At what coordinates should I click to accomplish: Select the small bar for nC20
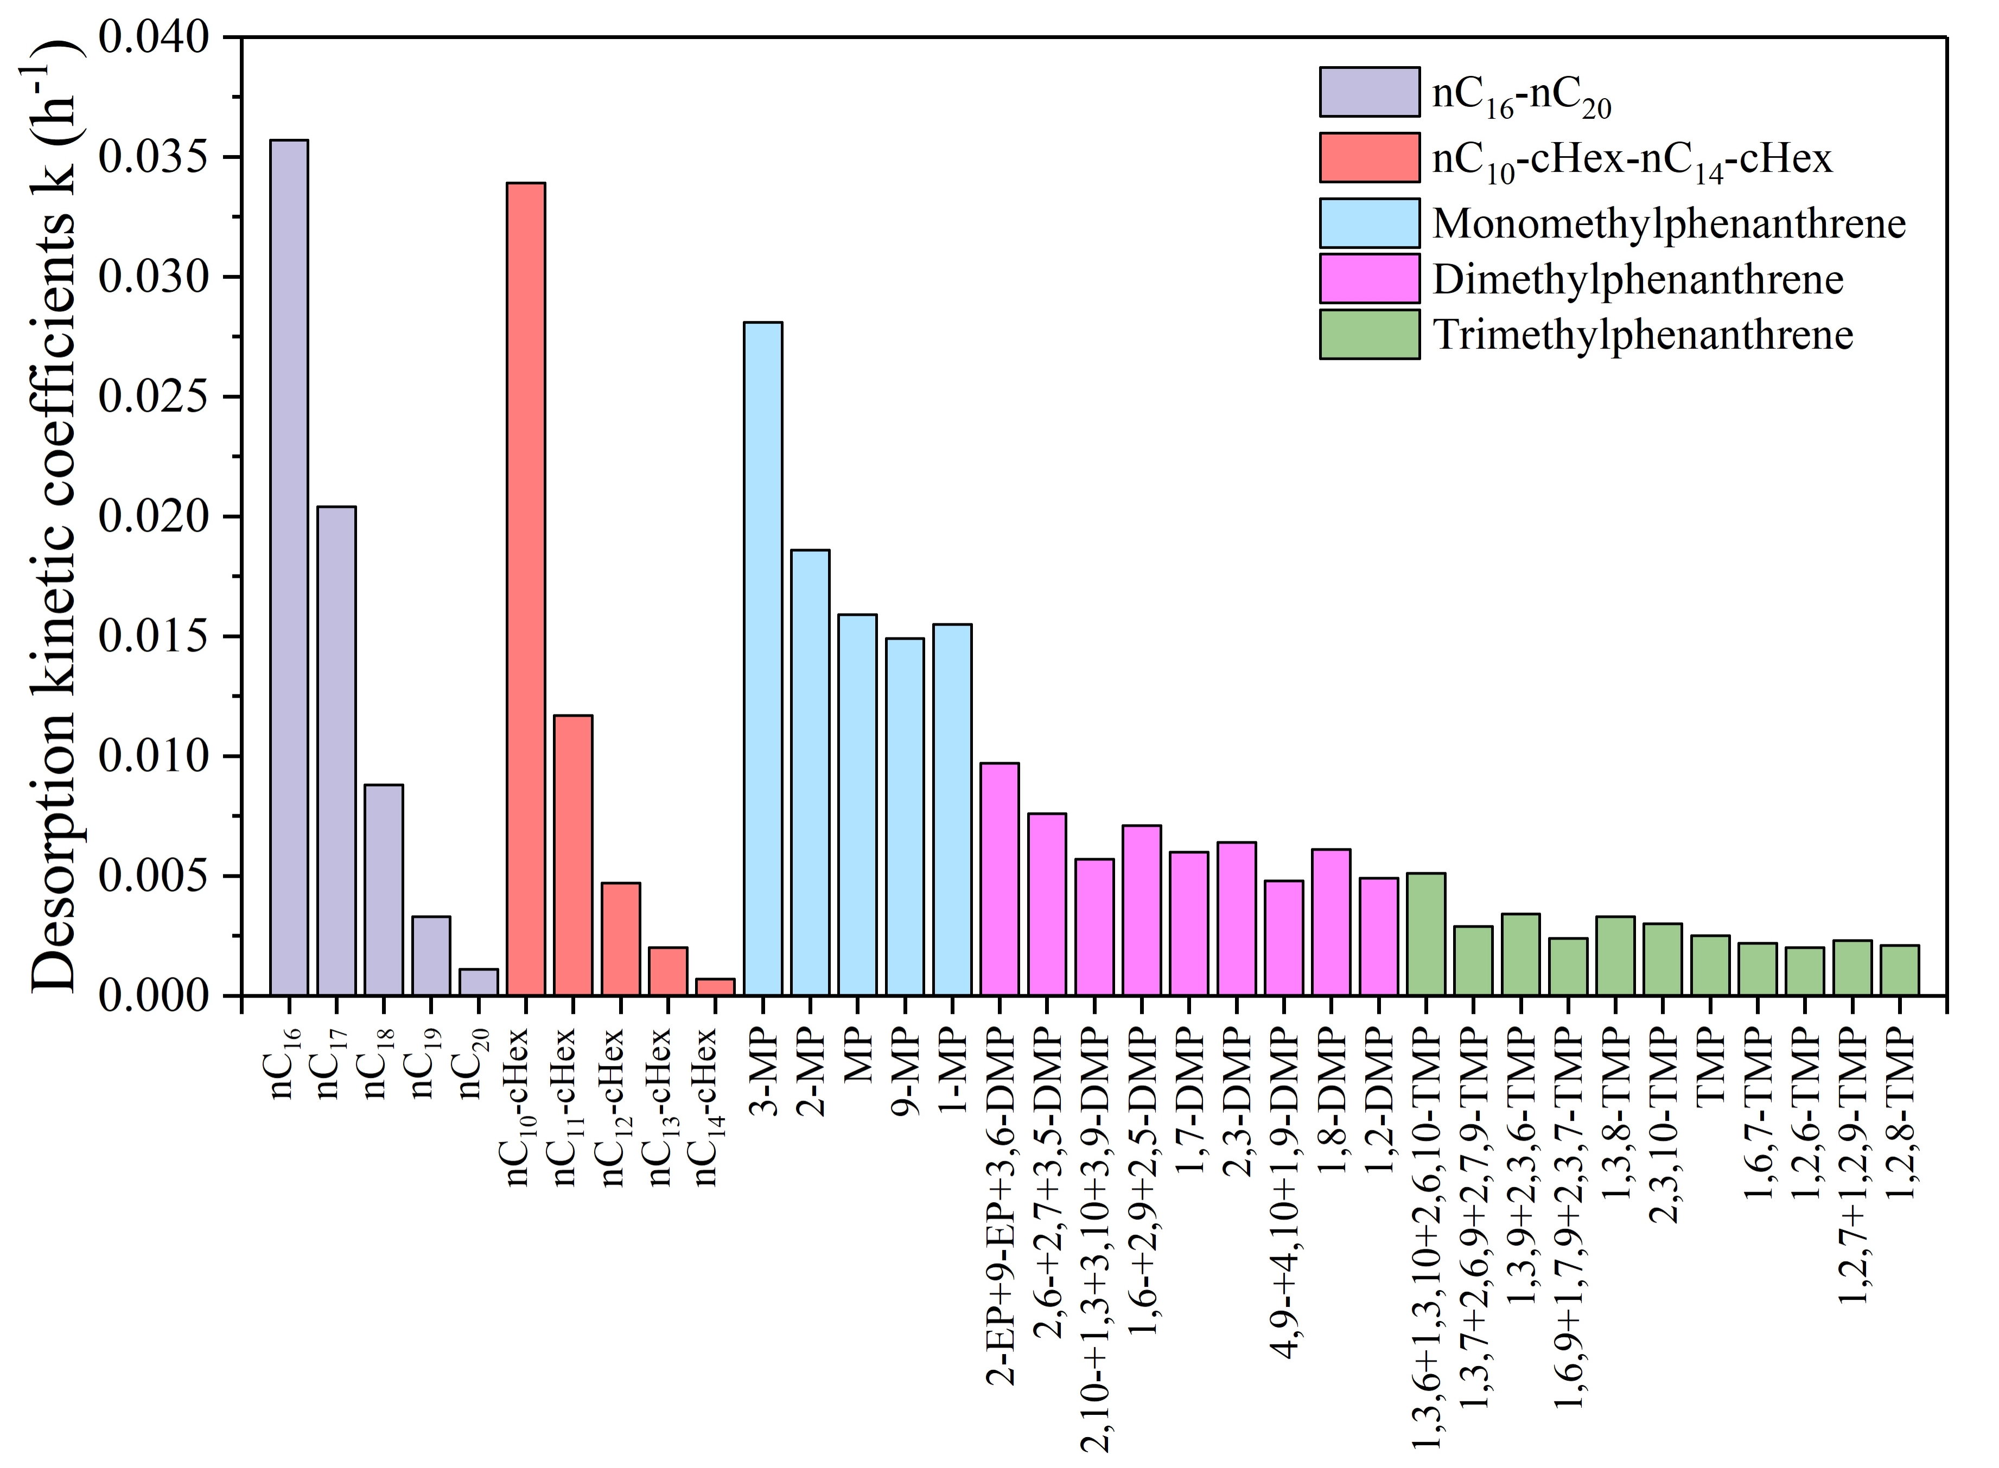tap(478, 982)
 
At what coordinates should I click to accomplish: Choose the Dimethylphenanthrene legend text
tap(1637, 279)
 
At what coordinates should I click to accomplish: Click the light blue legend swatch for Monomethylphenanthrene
tap(1369, 223)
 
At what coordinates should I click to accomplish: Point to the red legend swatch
tap(1369, 157)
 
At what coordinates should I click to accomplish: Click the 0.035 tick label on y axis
tap(154, 157)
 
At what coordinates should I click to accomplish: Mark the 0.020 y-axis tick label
tap(154, 516)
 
